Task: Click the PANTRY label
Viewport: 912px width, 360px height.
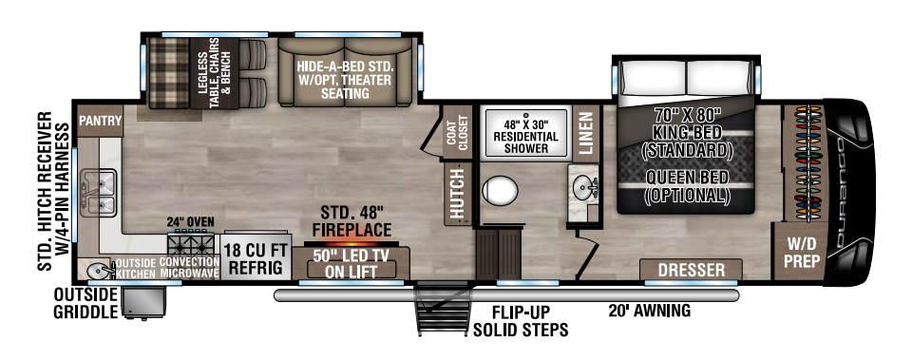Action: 101,121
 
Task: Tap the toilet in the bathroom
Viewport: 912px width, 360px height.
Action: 500,191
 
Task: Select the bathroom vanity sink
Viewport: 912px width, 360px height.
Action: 582,187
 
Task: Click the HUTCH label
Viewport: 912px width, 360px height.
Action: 459,193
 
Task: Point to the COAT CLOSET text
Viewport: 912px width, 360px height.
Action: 458,131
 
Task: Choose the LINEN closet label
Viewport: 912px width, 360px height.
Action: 586,133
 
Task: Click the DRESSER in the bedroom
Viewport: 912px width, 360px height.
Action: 691,270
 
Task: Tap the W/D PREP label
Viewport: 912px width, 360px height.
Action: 800,253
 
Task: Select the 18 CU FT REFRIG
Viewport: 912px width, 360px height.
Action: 256,258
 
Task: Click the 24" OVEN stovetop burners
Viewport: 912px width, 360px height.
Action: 191,240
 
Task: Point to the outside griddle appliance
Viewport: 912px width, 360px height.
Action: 143,301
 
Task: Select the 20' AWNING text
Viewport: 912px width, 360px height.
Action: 649,311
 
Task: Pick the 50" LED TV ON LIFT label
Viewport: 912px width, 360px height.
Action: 351,262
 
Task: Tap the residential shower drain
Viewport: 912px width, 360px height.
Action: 527,116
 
